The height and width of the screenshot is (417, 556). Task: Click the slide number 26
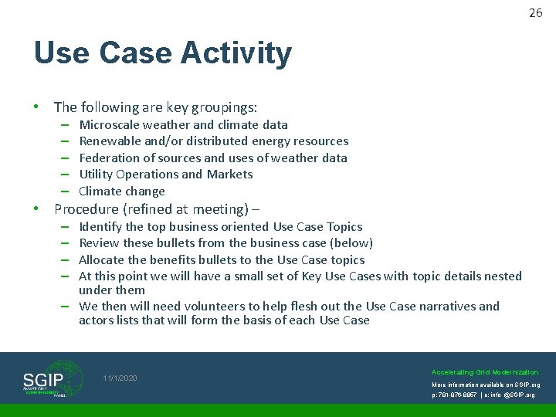[536, 12]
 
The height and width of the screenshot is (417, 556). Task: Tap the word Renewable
[108, 141]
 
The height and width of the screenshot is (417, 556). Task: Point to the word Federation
[109, 158]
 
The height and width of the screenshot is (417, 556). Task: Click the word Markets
[231, 174]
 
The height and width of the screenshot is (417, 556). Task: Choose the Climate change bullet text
[122, 191]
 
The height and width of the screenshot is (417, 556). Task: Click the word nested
[502, 276]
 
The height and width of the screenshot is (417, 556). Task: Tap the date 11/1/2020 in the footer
[120, 378]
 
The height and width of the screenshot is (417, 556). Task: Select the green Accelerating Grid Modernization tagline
[485, 372]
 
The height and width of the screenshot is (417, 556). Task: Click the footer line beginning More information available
[486, 385]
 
